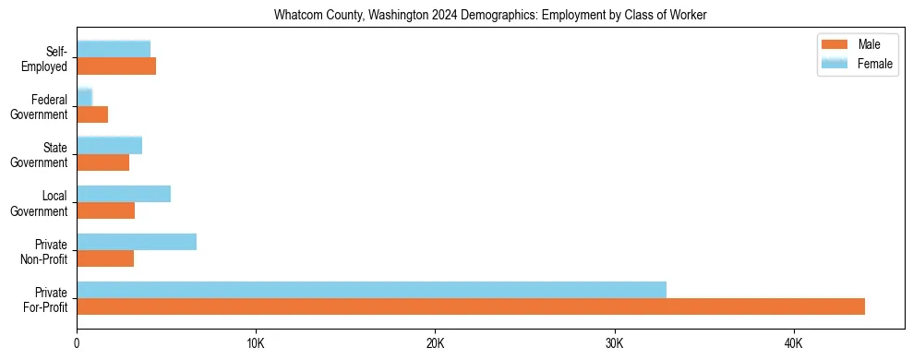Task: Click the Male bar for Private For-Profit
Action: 471,306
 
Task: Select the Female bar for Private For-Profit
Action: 371,290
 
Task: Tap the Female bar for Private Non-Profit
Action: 137,242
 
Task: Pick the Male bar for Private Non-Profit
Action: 105,258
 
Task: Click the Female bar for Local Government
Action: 124,194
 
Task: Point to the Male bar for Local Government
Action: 105,210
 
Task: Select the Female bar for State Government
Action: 109,145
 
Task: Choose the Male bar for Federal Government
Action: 92,114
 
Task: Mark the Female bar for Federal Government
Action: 84,97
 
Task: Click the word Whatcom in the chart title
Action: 296,15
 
